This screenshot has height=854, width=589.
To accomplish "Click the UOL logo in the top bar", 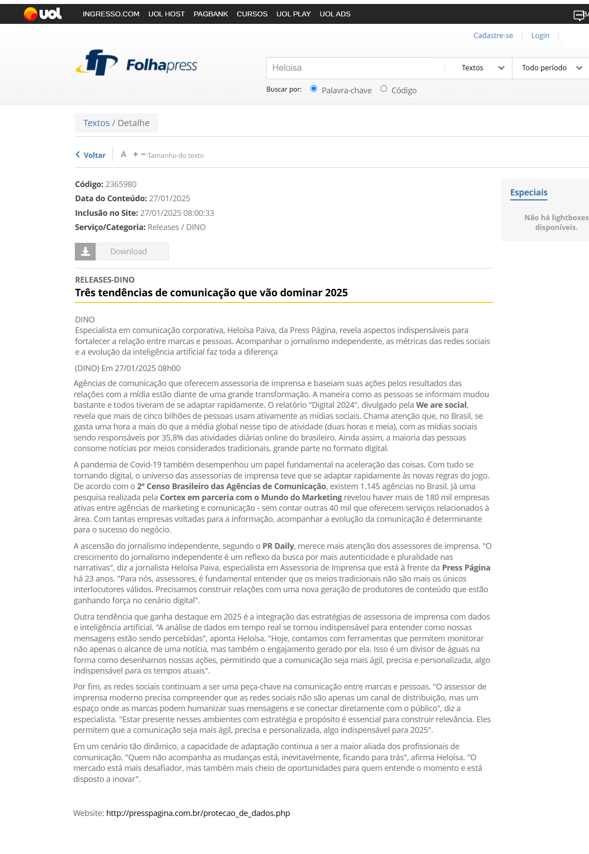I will [43, 14].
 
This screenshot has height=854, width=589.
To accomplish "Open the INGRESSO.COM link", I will [111, 14].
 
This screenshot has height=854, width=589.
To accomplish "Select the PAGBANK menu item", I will [210, 14].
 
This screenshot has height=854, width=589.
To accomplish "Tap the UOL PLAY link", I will [293, 14].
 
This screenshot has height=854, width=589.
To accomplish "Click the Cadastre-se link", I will [493, 35].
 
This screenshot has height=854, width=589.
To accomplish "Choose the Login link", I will [540, 35].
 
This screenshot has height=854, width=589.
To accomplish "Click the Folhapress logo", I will [136, 64].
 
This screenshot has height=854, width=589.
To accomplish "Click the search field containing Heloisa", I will [352, 68].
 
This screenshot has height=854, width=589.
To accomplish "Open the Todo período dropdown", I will [551, 68].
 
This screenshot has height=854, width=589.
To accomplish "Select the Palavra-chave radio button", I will [314, 89].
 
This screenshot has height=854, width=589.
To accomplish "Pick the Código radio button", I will [384, 89].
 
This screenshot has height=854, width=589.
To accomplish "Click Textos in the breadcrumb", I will [96, 123].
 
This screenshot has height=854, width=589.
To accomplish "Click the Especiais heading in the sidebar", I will [528, 192].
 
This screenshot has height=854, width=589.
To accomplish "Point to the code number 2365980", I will [121, 184].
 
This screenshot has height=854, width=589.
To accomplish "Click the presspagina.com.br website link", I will [198, 813].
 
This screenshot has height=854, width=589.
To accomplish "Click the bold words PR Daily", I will [278, 546].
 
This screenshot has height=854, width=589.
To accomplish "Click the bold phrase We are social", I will [441, 405].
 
